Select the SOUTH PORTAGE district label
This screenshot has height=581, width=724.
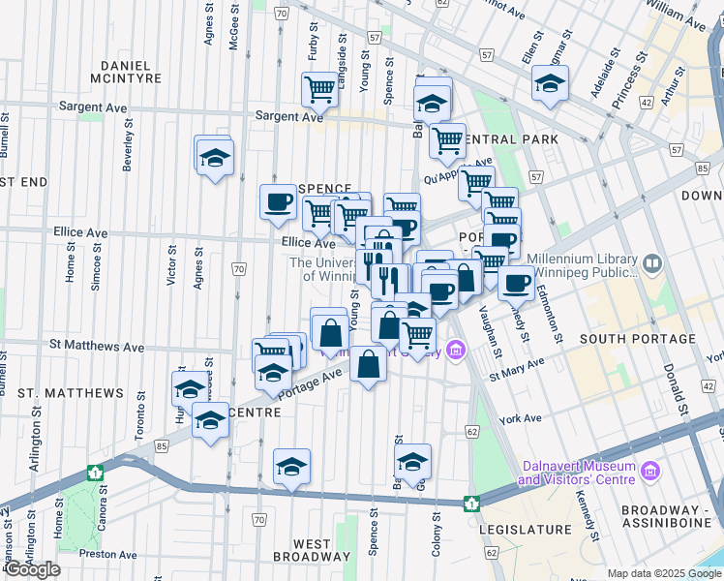click(637, 339)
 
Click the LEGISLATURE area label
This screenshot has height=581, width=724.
click(533, 530)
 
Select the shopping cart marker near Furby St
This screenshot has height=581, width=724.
click(319, 91)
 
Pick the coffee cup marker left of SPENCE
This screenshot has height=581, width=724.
click(279, 202)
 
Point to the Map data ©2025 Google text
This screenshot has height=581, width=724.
click(664, 573)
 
